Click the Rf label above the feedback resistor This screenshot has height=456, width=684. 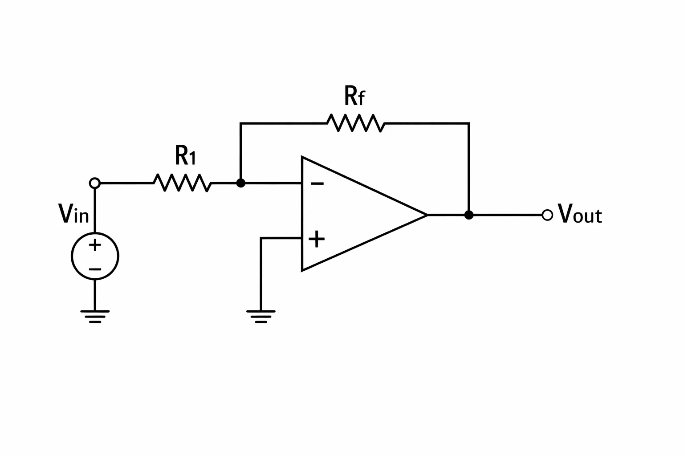point(354,96)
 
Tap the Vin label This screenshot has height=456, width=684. point(73,213)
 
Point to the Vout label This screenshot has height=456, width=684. point(580,213)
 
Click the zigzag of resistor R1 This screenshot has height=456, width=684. point(182,183)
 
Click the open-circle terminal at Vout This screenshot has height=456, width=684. point(547,215)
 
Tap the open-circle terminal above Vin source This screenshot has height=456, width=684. point(95,183)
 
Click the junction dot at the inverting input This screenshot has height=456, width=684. point(240,183)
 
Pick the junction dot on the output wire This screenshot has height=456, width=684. point(469,215)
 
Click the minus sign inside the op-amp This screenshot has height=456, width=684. point(317,183)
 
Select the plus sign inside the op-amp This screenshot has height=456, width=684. point(317,239)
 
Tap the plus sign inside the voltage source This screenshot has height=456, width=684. point(95,244)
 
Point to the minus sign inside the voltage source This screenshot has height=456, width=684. point(95,269)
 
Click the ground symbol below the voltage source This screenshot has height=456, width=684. point(95,317)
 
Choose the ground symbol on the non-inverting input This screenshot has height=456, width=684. point(261,317)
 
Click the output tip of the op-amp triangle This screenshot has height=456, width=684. point(427,215)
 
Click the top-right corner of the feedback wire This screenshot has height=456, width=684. point(469,123)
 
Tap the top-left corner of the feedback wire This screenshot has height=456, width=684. point(240,123)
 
